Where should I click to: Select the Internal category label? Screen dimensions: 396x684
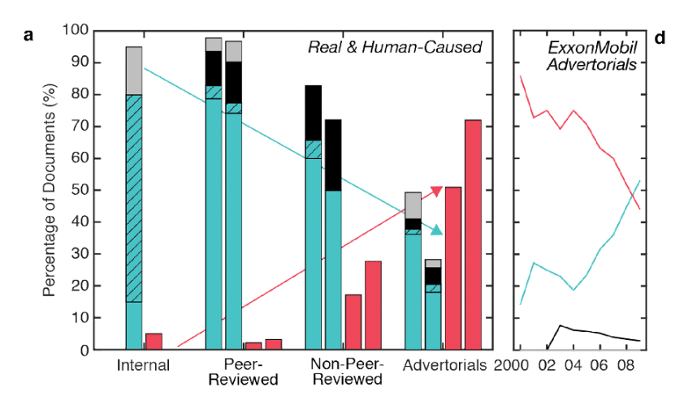tap(143, 365)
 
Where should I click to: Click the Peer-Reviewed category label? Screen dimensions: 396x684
tap(242, 372)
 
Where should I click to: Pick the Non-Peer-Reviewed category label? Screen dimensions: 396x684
tap(347, 372)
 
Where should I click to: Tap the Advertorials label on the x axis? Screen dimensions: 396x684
tap(445, 365)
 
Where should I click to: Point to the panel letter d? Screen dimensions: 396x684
tap(659, 37)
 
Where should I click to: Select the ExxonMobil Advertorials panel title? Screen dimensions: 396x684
tap(591, 55)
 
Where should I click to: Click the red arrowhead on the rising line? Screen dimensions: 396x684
tap(436, 192)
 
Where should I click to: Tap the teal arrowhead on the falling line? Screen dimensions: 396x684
tap(436, 230)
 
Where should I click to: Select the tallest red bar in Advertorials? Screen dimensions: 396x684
tap(473, 235)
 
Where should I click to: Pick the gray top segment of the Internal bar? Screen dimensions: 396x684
tap(134, 71)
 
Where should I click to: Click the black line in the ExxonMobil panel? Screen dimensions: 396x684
tap(585, 331)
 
